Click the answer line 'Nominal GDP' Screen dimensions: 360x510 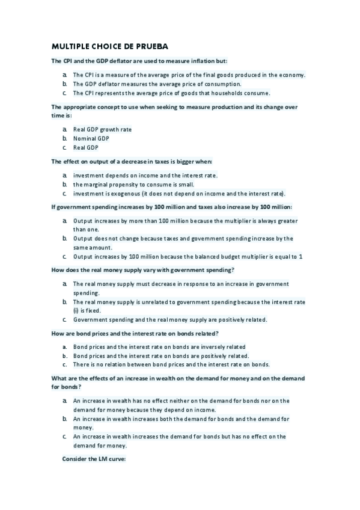click(91, 138)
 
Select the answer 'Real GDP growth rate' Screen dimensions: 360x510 click(102, 129)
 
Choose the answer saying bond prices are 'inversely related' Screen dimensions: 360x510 click(159, 347)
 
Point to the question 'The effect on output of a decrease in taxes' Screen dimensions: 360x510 click(132, 162)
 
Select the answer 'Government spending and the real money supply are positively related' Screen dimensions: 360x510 click(170, 319)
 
